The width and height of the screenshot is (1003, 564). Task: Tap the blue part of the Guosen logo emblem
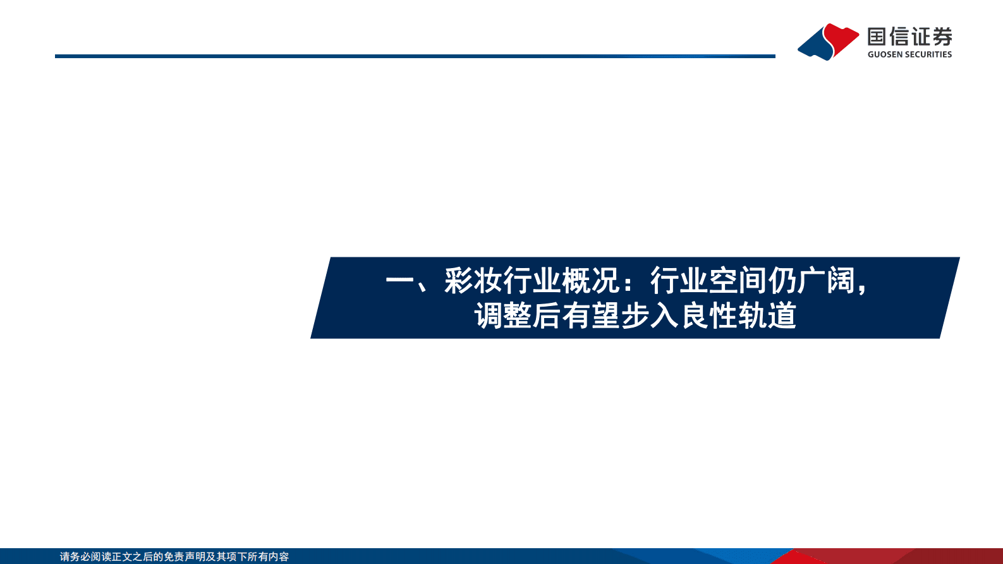(x=815, y=46)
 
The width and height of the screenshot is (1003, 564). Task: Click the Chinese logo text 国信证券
(x=909, y=37)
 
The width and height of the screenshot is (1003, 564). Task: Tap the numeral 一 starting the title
(x=399, y=281)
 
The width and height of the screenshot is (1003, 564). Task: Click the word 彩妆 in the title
(x=473, y=281)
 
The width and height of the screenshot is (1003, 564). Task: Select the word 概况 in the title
(x=590, y=281)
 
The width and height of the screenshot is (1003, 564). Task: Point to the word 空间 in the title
(x=738, y=281)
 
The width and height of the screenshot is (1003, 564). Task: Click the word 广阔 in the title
(x=826, y=281)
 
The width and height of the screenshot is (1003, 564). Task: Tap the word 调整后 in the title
(x=518, y=316)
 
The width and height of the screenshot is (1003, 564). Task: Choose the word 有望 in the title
(x=591, y=316)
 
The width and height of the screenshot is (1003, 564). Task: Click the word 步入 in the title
(x=650, y=316)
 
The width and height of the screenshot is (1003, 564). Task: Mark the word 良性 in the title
(x=708, y=316)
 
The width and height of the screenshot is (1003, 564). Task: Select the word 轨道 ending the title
(x=767, y=316)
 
